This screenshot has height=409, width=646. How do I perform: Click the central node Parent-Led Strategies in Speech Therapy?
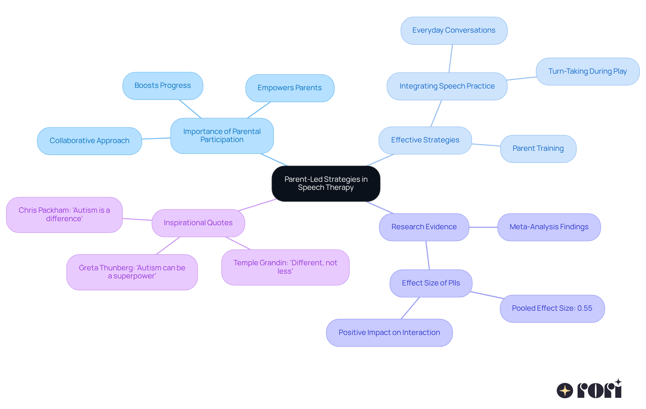[326, 183]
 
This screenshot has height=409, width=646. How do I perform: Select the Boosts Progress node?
[163, 86]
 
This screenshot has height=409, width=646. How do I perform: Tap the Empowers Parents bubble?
[290, 88]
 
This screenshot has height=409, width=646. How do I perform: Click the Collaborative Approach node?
[89, 141]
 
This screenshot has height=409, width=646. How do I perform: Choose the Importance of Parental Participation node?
[222, 136]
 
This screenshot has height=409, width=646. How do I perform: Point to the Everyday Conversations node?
[454, 30]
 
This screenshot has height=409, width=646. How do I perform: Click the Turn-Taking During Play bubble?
[587, 71]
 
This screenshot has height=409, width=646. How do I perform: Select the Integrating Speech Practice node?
[447, 86]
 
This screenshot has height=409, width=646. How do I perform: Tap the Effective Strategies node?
[425, 140]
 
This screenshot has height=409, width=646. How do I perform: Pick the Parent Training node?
[538, 148]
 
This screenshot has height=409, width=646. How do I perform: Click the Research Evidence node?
[424, 227]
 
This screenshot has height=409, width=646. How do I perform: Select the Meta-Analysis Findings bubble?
[549, 227]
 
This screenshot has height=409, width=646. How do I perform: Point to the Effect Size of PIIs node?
[431, 283]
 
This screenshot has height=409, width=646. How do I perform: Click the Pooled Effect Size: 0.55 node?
[552, 308]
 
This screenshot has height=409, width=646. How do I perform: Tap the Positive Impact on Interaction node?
[389, 333]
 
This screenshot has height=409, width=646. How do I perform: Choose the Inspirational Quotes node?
[198, 223]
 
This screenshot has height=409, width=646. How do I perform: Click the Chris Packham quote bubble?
[64, 214]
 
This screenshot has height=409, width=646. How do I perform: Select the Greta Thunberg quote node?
[132, 272]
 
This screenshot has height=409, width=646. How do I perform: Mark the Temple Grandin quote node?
[285, 267]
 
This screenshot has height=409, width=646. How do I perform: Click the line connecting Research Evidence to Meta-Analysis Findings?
[483, 227]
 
